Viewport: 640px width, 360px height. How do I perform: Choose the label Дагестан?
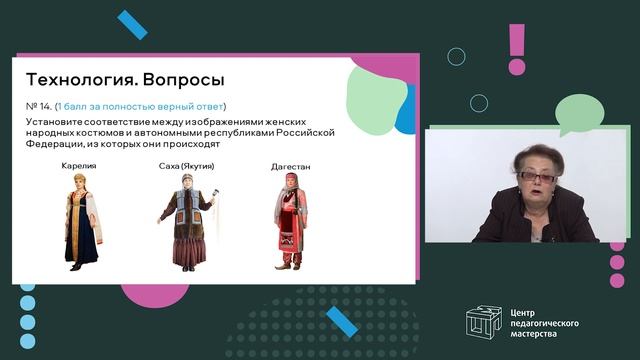[x=290, y=166]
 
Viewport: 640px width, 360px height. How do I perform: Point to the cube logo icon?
[x=486, y=321]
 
